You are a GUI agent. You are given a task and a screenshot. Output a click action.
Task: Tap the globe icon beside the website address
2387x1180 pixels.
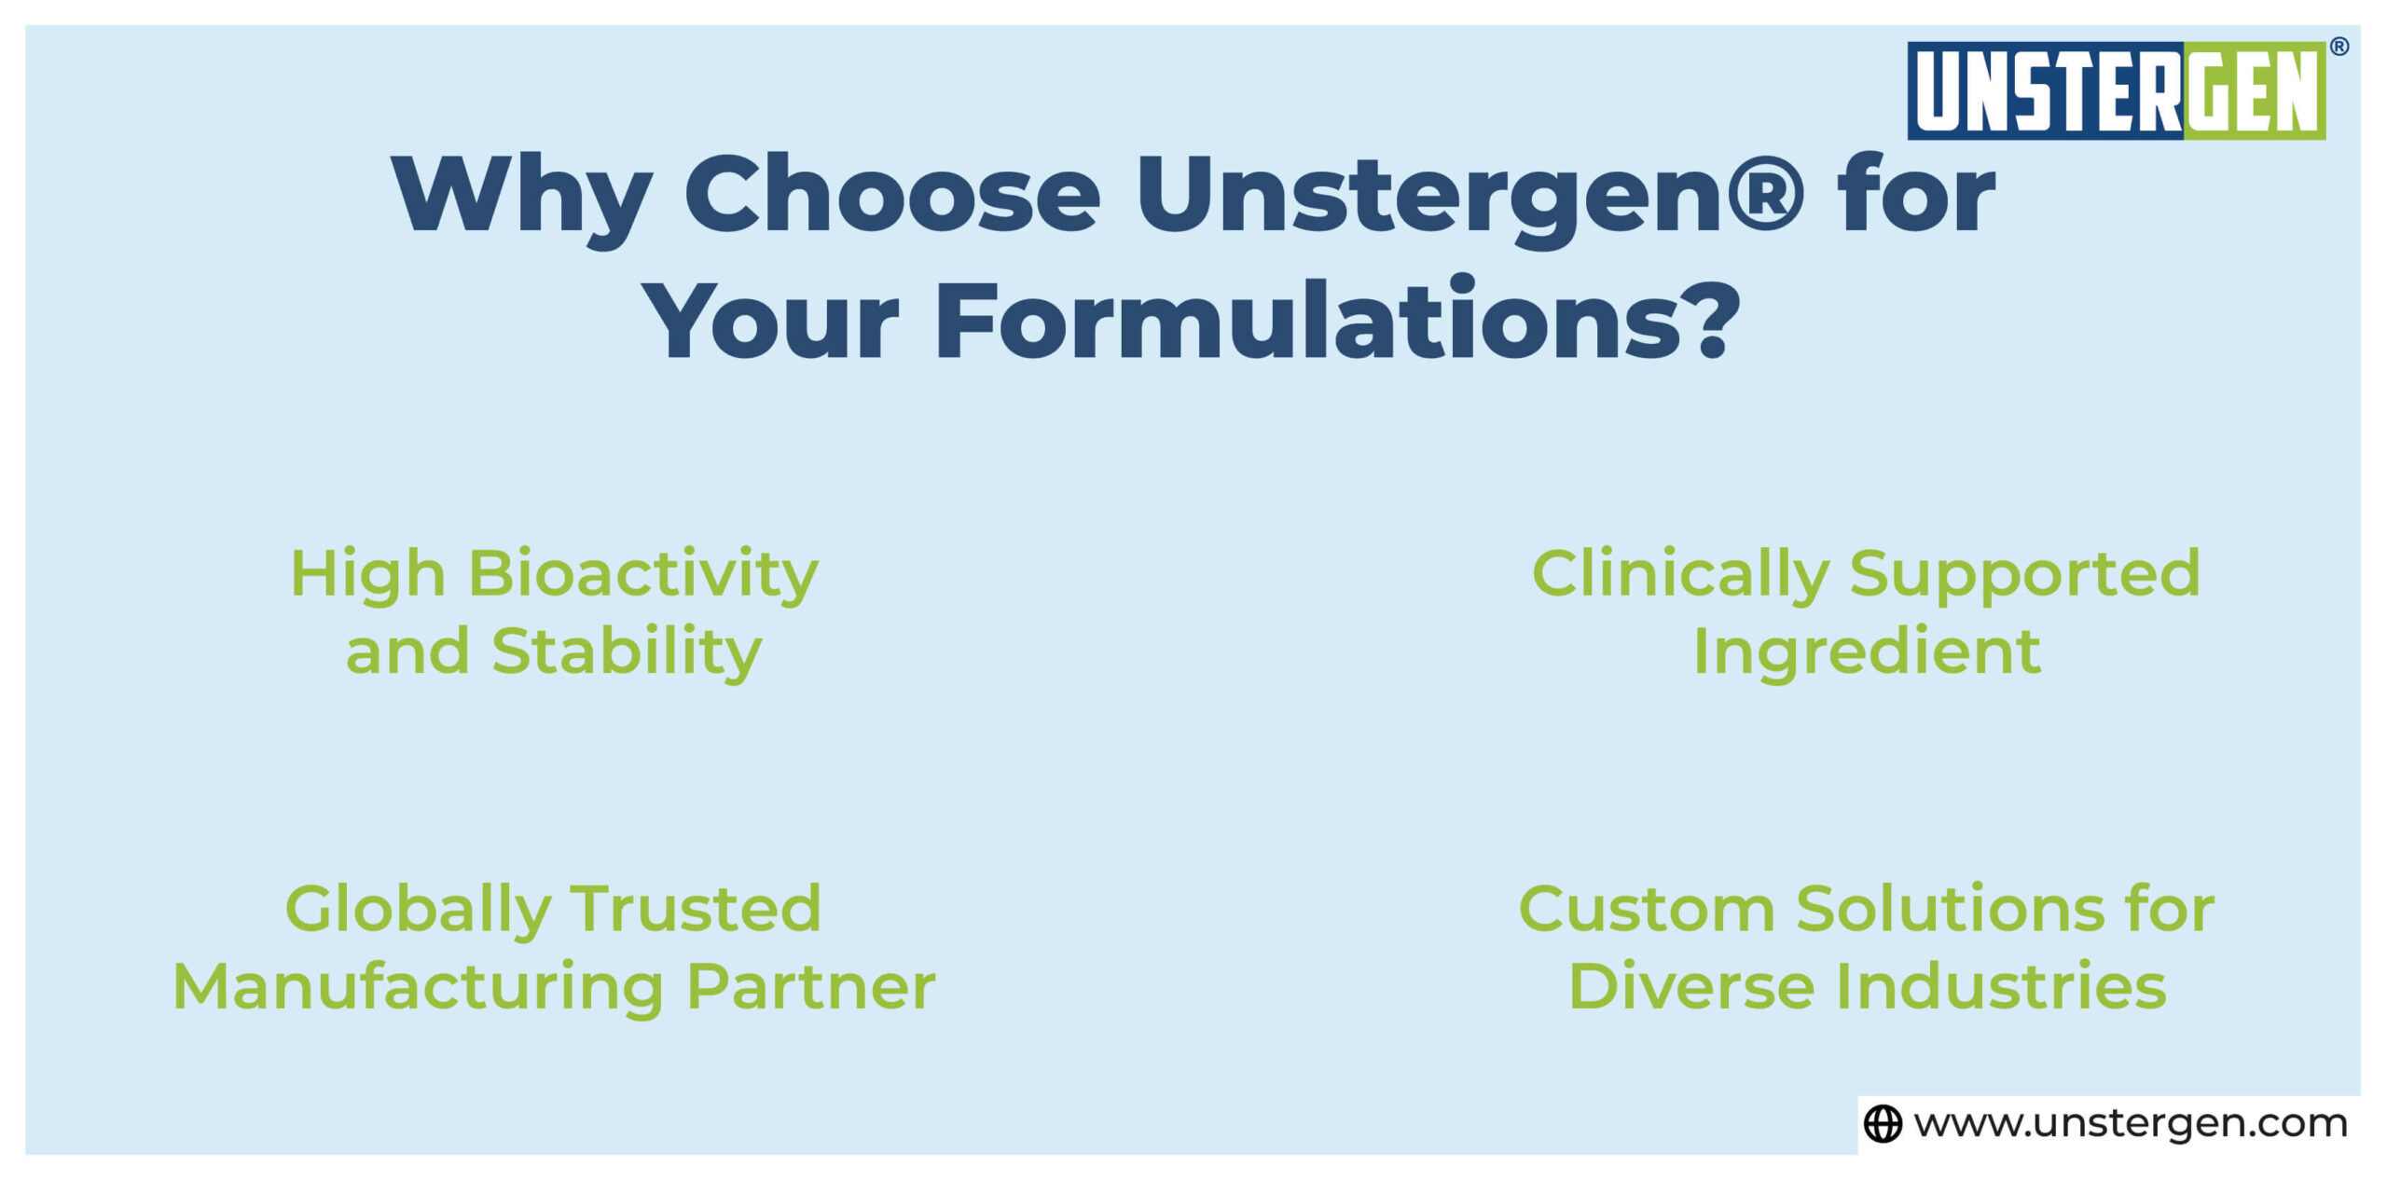click(x=1882, y=1123)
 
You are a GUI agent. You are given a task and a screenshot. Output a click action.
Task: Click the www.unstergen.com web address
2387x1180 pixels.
click(x=2130, y=1123)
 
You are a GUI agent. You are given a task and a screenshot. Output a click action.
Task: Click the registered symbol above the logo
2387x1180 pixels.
click(x=2339, y=47)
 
